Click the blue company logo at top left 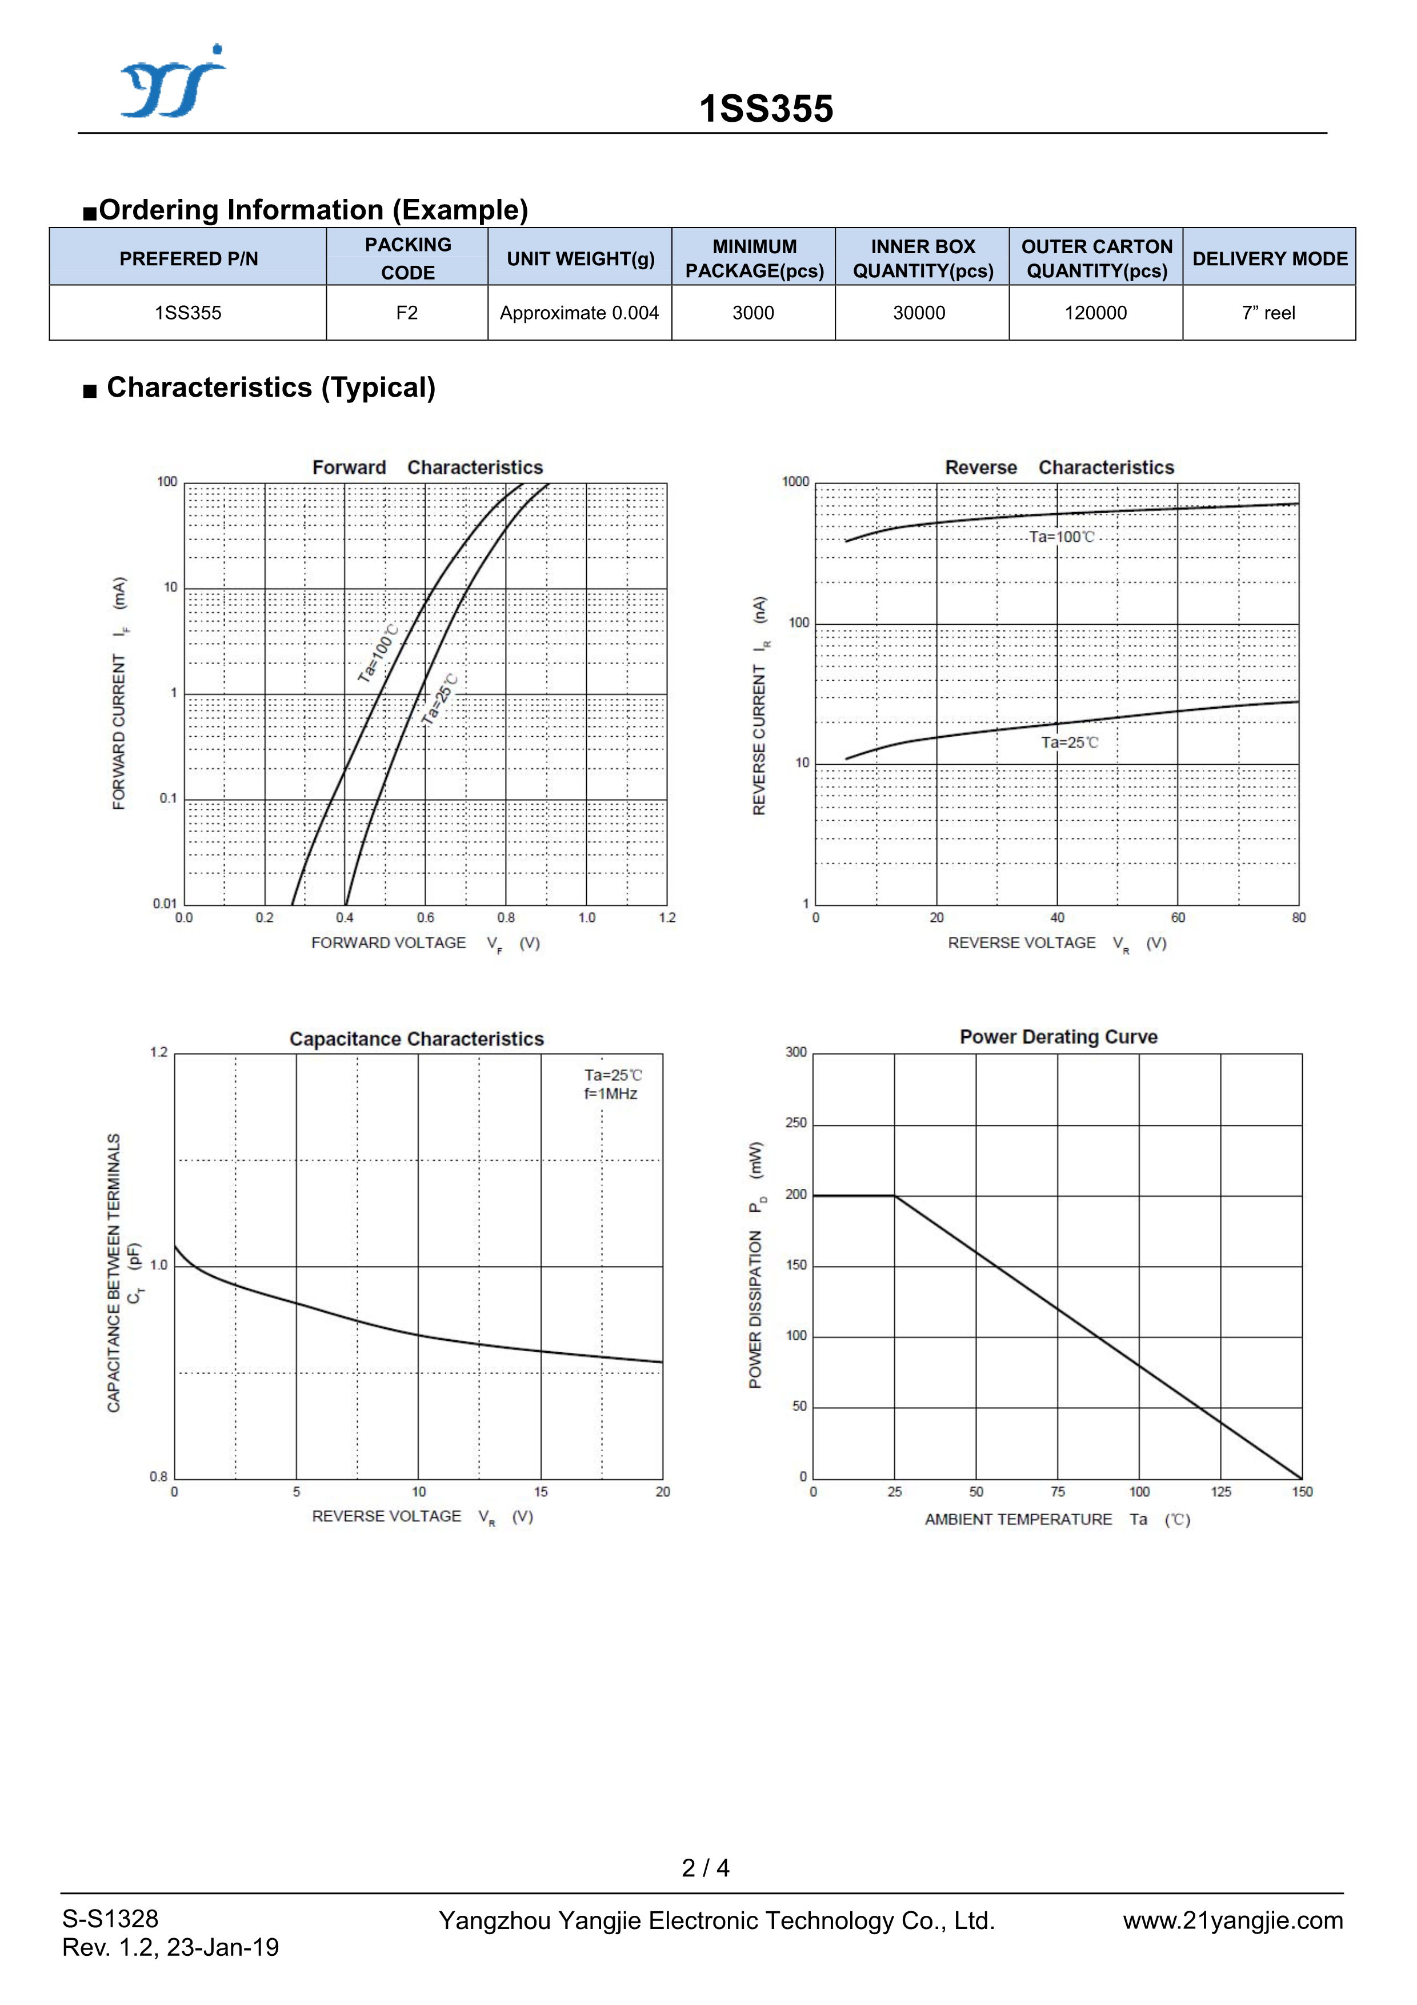coord(173,81)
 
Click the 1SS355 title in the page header coord(766,109)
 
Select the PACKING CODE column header coord(408,258)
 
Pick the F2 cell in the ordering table coord(407,313)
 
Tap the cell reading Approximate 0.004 coord(579,313)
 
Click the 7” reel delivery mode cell coord(1268,313)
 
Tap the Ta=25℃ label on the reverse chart coord(1070,742)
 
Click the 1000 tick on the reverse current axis coord(795,482)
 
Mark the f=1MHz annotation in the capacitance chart coord(610,1094)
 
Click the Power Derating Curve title coord(1058,1037)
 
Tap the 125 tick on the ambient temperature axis coord(1220,1492)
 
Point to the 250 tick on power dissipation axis coord(795,1123)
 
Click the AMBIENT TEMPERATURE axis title coord(1018,1520)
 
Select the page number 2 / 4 coord(706,1867)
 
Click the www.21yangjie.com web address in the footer coord(1232,1920)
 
